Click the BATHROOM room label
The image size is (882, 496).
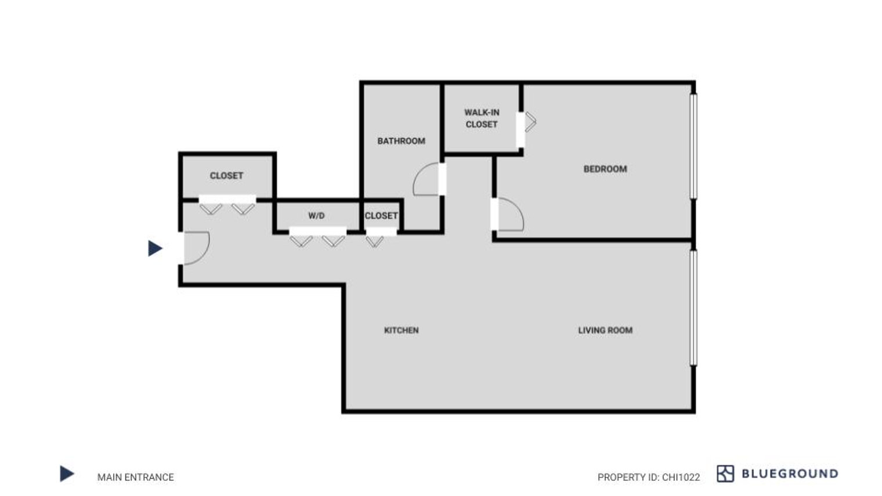coord(401,141)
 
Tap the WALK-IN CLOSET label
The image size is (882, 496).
coord(482,118)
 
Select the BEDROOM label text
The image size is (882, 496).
coord(605,169)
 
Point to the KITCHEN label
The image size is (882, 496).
coord(401,330)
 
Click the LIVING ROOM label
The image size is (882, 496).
coord(605,330)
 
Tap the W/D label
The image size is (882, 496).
coord(317,216)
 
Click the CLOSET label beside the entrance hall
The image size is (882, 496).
coord(226,176)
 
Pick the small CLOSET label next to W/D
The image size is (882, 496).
coord(381,216)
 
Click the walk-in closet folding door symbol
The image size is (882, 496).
coord(530,122)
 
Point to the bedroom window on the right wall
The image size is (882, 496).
coord(694,146)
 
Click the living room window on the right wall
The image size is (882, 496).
coord(694,308)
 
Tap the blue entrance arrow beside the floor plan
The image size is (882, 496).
coord(155,248)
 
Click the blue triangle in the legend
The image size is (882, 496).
coord(67,473)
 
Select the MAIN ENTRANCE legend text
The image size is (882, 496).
coord(135,477)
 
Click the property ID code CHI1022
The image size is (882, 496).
coord(681,477)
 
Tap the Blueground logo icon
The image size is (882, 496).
coord(725,473)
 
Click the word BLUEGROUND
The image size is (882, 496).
coord(790,473)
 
